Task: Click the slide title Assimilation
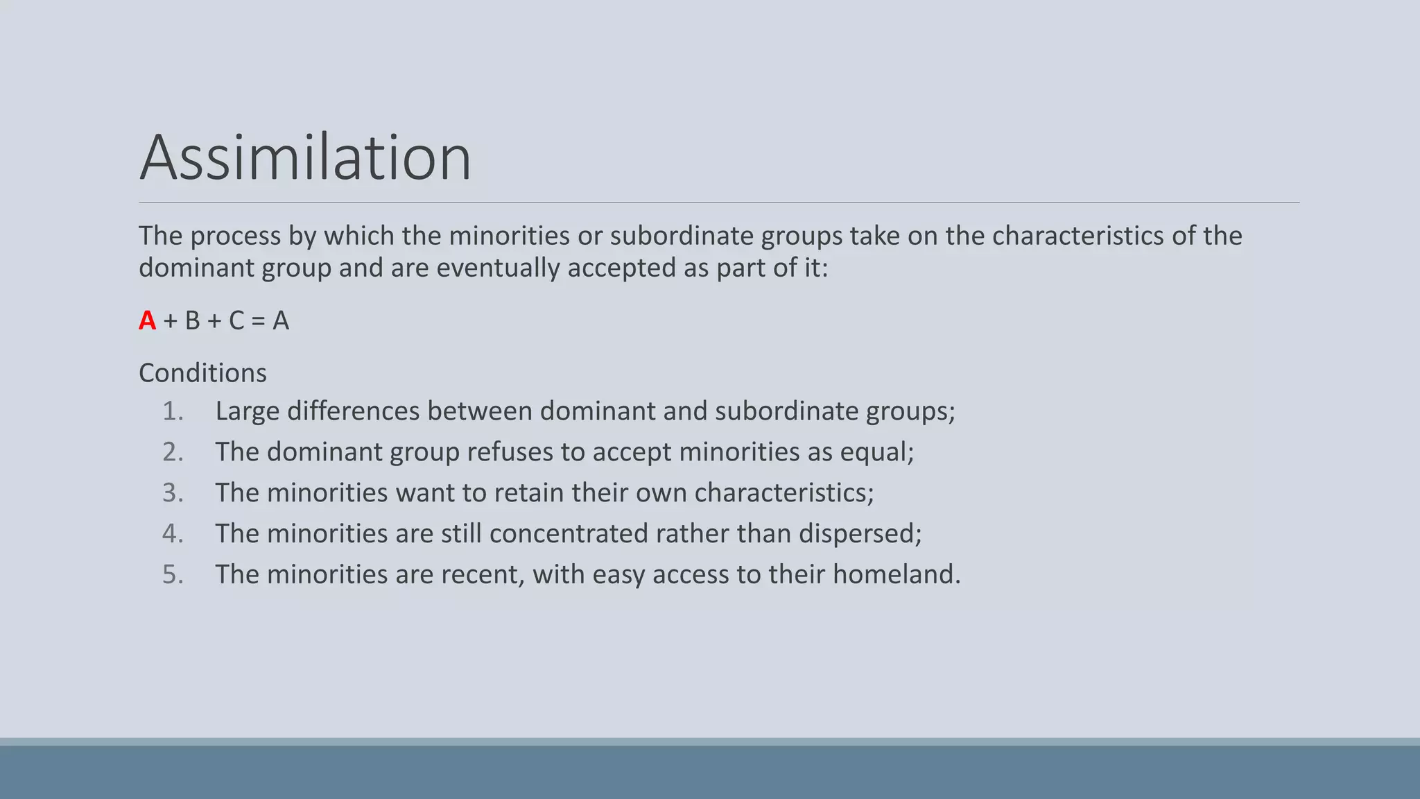(x=305, y=157)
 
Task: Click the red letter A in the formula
(x=147, y=320)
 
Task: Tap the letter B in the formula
(x=192, y=320)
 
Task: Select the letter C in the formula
(x=236, y=320)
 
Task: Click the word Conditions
(x=202, y=373)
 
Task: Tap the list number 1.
(x=173, y=411)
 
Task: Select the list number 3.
(x=173, y=493)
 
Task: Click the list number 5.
(x=173, y=574)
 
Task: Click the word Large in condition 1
(x=248, y=411)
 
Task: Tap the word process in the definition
(x=235, y=237)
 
